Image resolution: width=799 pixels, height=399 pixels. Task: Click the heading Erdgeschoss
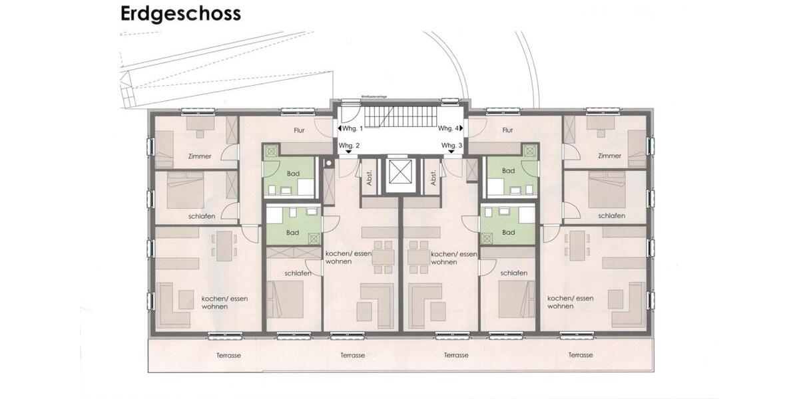click(x=180, y=14)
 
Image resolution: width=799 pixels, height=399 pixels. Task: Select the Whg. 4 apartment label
click(x=447, y=128)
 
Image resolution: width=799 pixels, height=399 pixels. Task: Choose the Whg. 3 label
click(x=451, y=145)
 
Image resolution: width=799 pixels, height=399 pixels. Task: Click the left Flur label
click(x=298, y=130)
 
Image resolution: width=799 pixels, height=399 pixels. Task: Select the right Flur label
click(x=508, y=130)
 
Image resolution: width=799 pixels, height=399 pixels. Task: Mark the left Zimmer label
click(x=200, y=156)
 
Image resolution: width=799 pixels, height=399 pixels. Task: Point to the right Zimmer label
click(x=609, y=156)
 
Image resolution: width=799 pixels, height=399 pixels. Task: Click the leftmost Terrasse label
click(x=228, y=355)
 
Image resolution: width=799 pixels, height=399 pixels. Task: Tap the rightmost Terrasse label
click(x=581, y=355)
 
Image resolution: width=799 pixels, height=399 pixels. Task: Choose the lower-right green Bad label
click(x=509, y=233)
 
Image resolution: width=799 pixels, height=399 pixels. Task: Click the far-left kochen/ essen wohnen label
click(x=224, y=303)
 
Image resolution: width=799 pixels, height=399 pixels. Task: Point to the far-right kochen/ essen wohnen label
click(x=570, y=303)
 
